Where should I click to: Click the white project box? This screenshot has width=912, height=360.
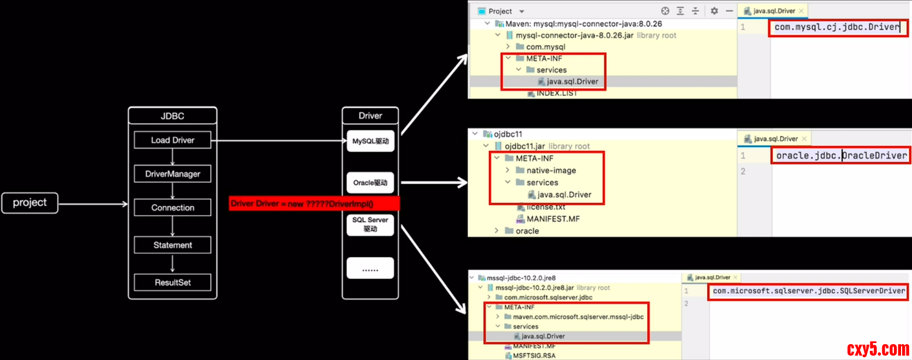30,203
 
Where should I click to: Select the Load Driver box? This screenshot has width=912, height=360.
173,140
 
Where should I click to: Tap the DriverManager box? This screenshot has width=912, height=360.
173,174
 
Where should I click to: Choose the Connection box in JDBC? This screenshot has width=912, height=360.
173,208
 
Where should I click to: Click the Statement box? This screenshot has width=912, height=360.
173,245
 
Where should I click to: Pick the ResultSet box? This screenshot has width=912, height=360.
173,282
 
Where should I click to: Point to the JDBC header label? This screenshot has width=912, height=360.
173,116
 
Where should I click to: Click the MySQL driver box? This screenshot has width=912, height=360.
370,141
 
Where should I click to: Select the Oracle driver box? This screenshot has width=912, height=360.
370,182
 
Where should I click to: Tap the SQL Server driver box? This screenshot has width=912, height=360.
370,224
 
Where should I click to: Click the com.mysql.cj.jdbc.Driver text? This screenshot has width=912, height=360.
836,27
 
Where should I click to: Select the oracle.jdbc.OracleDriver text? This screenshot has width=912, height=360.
841,156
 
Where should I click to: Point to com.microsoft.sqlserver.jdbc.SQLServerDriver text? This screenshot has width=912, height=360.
808,291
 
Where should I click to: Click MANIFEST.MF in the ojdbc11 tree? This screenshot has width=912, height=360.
553,219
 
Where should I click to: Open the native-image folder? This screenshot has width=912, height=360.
550,170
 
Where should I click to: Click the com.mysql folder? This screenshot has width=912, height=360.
545,47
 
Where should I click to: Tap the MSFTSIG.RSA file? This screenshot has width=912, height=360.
534,356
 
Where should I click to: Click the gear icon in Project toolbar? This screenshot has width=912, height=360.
714,11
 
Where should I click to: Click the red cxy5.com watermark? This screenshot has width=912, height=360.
877,349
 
